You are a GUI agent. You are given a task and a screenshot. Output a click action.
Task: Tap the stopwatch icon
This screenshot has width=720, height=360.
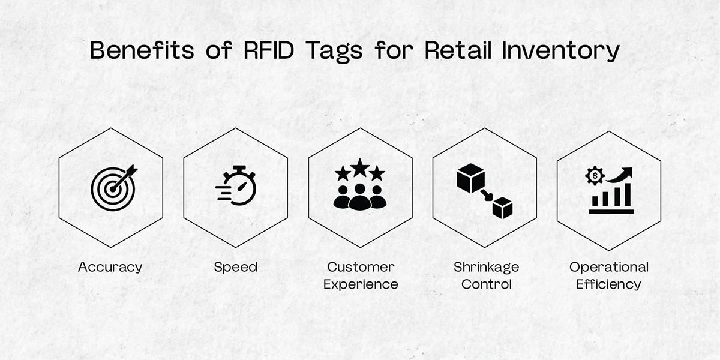[237, 186]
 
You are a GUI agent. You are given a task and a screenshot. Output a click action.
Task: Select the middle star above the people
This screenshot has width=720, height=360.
[360, 167]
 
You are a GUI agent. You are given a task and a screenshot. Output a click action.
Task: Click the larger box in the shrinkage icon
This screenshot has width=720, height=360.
[470, 178]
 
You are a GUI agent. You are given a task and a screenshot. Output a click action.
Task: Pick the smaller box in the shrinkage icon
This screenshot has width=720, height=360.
[502, 208]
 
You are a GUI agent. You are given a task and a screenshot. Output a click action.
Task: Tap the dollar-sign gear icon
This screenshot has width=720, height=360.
[595, 176]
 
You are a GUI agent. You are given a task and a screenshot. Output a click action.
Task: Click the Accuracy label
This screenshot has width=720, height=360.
[110, 267]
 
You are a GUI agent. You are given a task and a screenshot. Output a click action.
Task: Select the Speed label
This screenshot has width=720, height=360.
[236, 267]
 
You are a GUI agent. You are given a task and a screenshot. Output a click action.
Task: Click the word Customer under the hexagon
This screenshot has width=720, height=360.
[361, 267]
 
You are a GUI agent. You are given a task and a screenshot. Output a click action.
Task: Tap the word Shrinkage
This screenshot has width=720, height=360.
[486, 267]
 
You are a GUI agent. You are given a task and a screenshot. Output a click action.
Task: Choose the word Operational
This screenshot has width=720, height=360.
[609, 267]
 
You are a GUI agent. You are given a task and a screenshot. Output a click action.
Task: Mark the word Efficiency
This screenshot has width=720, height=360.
[609, 284]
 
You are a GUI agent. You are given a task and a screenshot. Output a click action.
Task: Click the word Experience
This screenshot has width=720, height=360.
[361, 284]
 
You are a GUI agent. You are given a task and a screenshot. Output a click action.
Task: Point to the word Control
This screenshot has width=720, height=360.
[486, 284]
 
